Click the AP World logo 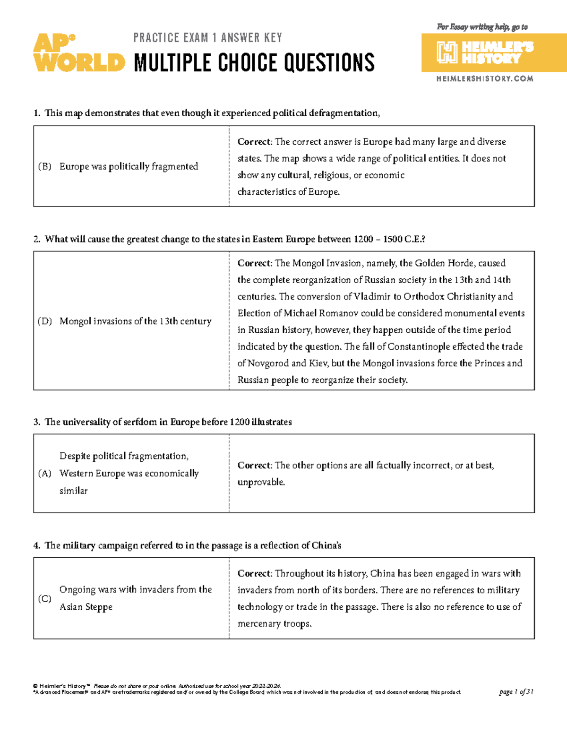78,53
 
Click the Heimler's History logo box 493,52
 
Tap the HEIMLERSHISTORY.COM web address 484,79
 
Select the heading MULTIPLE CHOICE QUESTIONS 254,63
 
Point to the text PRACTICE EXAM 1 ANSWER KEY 207,38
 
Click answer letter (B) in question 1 44,166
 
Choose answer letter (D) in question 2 44,321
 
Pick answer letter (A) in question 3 44,474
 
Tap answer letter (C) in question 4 44,598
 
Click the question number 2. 36,239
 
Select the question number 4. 36,545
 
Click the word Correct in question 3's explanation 254,466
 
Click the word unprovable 261,482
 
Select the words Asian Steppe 86,607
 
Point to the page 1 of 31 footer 516,692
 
